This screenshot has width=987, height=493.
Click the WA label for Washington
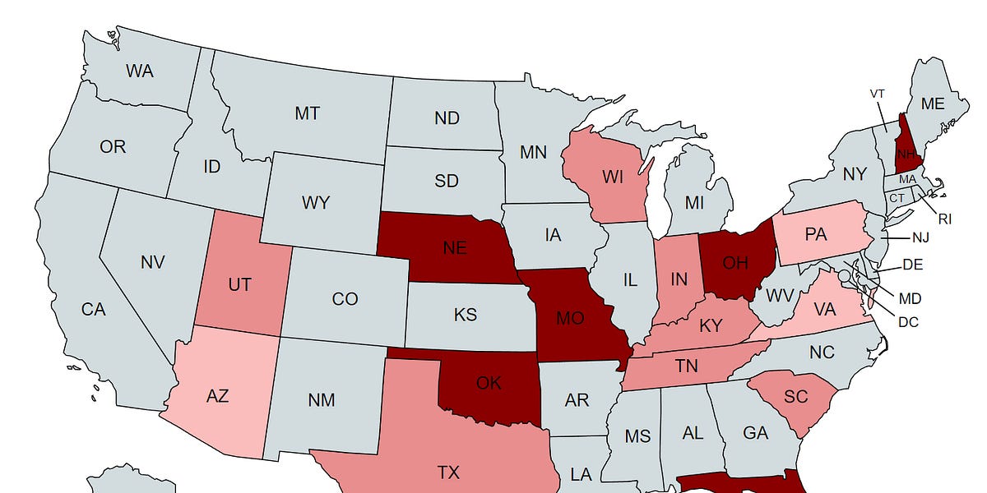(x=140, y=71)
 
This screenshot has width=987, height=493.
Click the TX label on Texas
(x=448, y=472)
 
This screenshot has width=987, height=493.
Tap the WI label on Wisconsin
(x=612, y=177)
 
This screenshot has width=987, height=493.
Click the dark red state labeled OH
(x=736, y=263)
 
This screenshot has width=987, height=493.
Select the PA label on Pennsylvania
(x=815, y=235)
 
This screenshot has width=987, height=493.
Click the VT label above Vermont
(x=877, y=94)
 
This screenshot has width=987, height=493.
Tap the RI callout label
(x=945, y=219)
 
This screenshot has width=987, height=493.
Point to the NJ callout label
(x=920, y=238)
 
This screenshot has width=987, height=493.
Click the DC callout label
(x=908, y=322)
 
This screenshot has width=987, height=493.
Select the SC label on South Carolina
(x=795, y=396)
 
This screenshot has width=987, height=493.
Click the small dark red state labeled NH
(x=906, y=154)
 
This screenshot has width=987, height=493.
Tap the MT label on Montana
(x=307, y=113)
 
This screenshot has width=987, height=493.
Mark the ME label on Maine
(x=933, y=104)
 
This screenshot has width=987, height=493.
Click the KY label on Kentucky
(x=710, y=326)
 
